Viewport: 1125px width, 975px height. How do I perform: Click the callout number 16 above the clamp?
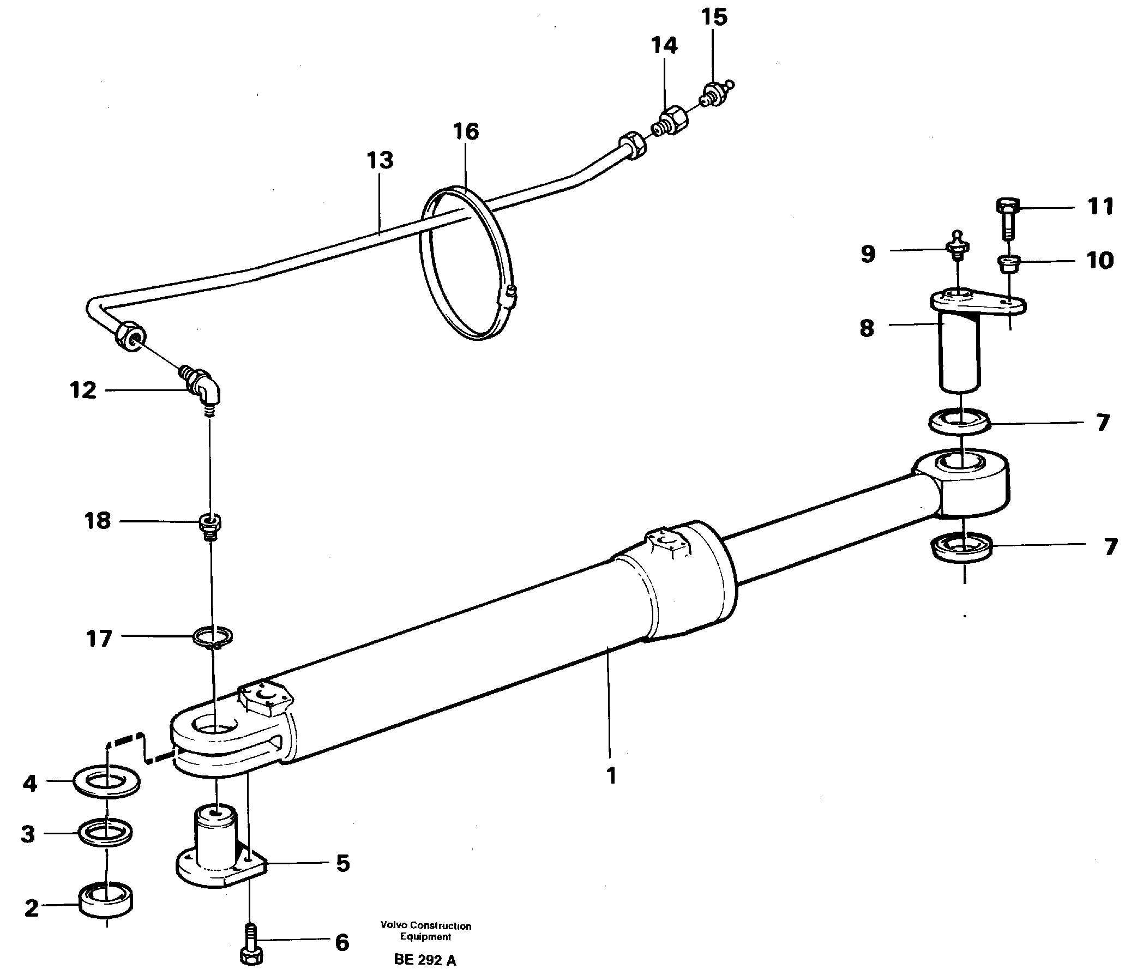pos(465,131)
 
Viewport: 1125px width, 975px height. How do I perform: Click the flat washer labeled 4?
pos(106,784)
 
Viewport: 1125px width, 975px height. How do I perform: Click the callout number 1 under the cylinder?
pos(611,775)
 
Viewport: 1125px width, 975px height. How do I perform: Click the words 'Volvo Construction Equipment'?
pos(425,931)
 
